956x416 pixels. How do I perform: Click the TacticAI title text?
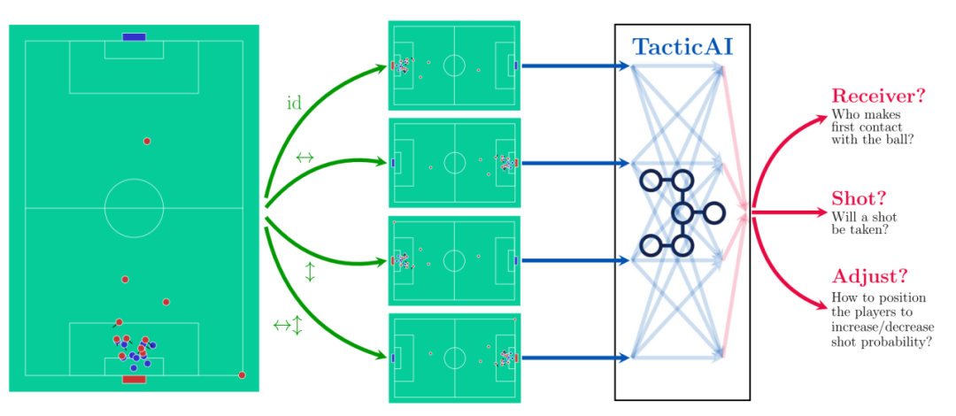pos(682,47)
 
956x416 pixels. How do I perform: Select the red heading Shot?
pos(859,198)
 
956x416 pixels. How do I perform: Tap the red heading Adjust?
pos(870,276)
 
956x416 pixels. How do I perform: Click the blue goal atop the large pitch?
pos(134,36)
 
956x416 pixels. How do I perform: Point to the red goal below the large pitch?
pos(134,380)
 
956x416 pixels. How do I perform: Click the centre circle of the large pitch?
pos(134,208)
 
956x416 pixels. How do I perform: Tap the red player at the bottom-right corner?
pos(242,375)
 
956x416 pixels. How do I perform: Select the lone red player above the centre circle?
pos(147,141)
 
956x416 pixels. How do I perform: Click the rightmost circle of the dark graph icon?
pos(713,212)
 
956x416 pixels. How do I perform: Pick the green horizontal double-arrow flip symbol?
pos(305,158)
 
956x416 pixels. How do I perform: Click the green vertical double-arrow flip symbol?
pos(310,272)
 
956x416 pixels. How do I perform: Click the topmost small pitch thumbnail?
pos(454,65)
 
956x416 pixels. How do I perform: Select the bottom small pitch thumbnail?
pos(454,358)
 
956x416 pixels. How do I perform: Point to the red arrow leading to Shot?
pos(788,212)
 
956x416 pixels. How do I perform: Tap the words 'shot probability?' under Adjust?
pos(882,342)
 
